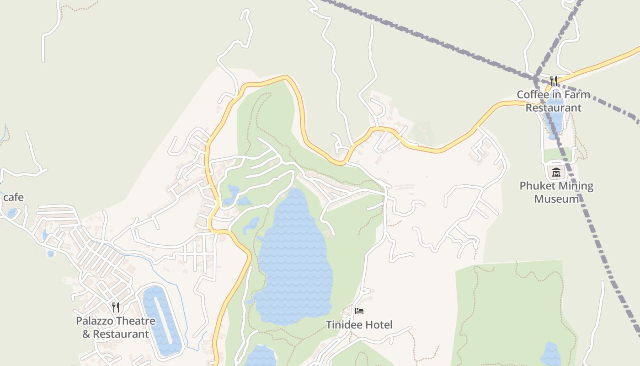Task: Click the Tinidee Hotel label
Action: pyautogui.click(x=359, y=325)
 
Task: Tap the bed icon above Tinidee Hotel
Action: pyautogui.click(x=359, y=311)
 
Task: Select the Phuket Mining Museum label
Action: pyautogui.click(x=556, y=192)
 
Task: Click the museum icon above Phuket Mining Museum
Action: pyautogui.click(x=556, y=172)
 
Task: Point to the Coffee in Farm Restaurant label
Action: pyautogui.click(x=553, y=101)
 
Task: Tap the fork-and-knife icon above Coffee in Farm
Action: pyautogui.click(x=554, y=81)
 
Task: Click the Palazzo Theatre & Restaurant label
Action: pyautogui.click(x=116, y=327)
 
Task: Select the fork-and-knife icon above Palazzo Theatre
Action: pyautogui.click(x=116, y=307)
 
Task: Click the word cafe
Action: pyautogui.click(x=13, y=198)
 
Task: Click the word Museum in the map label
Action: pyautogui.click(x=556, y=199)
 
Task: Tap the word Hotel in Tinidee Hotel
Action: pyautogui.click(x=378, y=325)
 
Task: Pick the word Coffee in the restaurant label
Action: pyautogui.click(x=532, y=95)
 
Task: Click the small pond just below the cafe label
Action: pyautogui.click(x=12, y=213)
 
